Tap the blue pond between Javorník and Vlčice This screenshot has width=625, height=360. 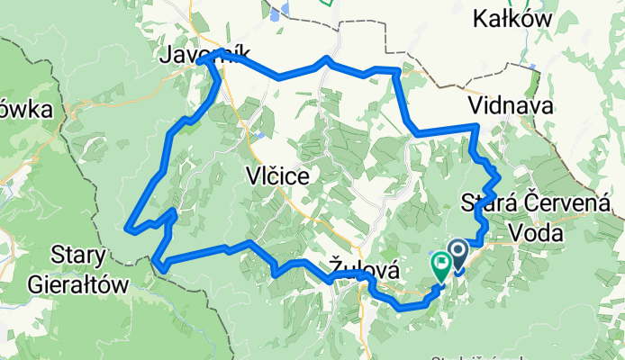coord(258,135)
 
